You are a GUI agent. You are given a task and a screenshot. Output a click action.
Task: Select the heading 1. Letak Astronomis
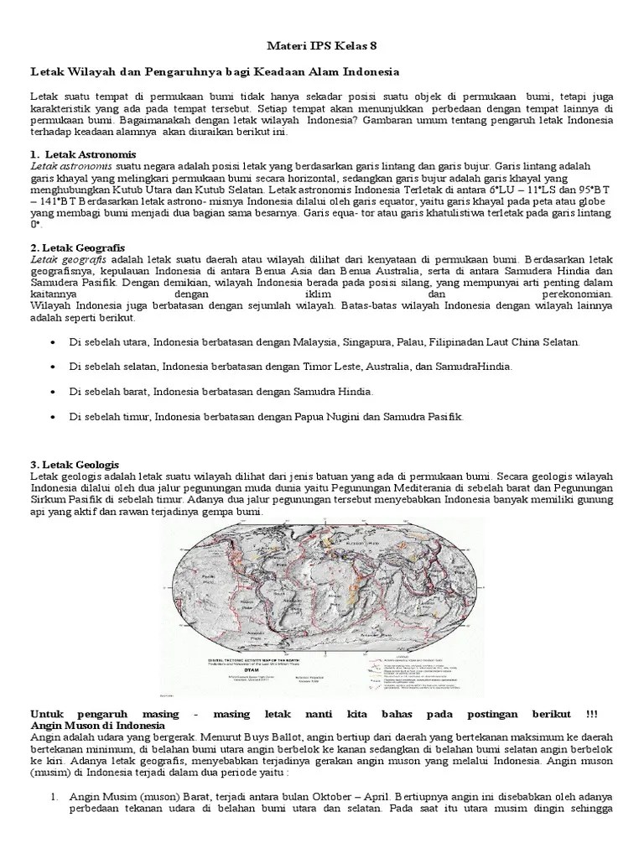[x=83, y=155]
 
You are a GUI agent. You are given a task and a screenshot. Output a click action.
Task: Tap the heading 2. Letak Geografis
[x=77, y=249]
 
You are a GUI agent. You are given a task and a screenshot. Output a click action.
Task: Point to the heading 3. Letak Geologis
[x=75, y=464]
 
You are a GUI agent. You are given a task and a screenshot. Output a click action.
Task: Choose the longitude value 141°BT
[x=56, y=202]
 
